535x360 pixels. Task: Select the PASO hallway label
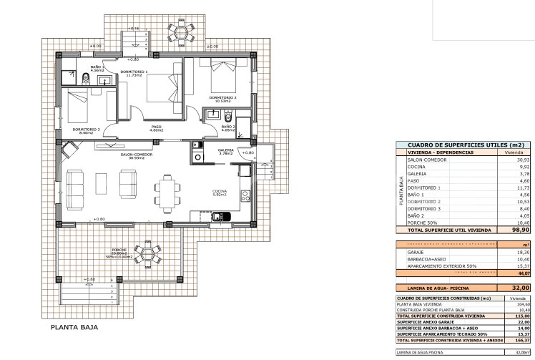click(x=157, y=130)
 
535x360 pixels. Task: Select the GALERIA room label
click(x=226, y=151)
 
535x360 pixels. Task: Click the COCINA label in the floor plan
click(x=220, y=192)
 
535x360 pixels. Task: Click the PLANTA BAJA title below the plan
click(x=74, y=328)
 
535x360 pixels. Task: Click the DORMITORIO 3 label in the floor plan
click(x=83, y=130)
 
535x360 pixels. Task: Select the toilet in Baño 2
click(x=227, y=116)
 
